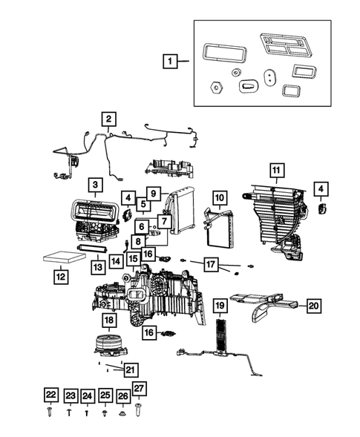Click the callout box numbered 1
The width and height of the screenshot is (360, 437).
pos(171,62)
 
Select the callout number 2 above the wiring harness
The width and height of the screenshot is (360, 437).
pos(108,119)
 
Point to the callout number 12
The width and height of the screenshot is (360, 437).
pos(61,277)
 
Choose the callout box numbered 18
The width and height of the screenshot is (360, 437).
pos(109,320)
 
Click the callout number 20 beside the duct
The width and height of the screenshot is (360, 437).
pos(313,305)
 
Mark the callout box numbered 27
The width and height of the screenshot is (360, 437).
pos(139,387)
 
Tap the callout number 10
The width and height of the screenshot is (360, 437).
pos(219,198)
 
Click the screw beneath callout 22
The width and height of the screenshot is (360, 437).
pos(50,410)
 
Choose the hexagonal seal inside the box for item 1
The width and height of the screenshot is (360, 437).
pos(215,87)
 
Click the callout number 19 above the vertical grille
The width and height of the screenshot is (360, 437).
pos(220,305)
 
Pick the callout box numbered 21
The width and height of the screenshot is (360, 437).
pos(130,369)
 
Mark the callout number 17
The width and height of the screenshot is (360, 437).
pos(211,263)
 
